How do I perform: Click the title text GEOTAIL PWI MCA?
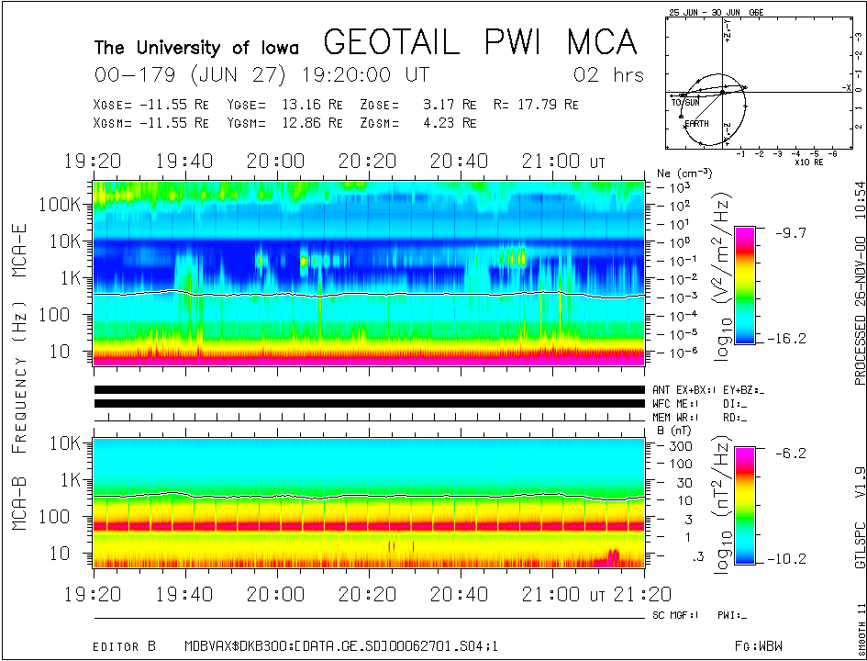pos(480,42)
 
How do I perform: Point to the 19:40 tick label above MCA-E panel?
pos(184,161)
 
